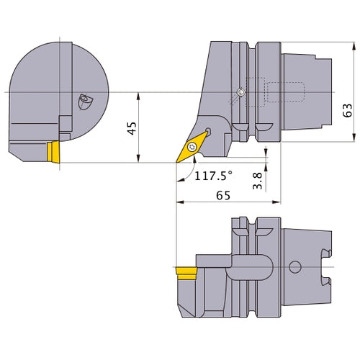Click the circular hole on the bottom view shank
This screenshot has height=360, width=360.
pos(294,269)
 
